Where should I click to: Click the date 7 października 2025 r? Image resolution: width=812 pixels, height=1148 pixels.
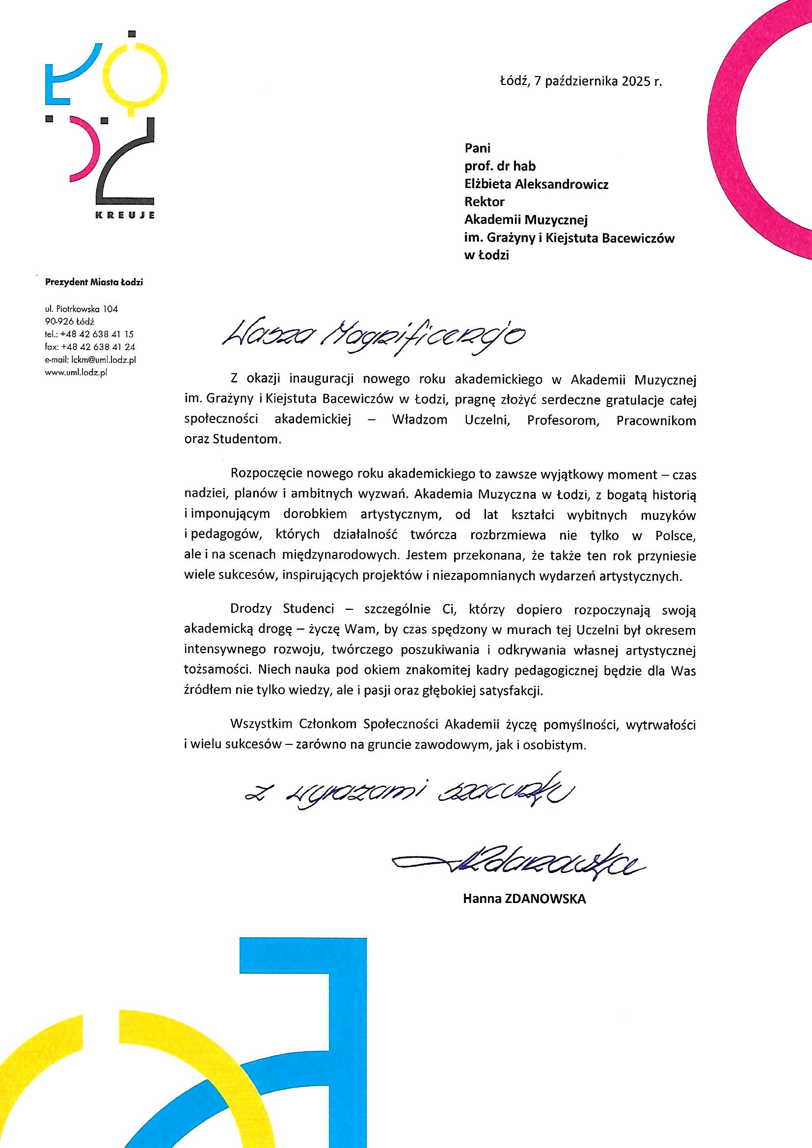coord(597,82)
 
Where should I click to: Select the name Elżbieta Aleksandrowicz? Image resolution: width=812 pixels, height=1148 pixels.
coord(536,184)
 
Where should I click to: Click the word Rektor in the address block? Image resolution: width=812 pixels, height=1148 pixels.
coord(484,202)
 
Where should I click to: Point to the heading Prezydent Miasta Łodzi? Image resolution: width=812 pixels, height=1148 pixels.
coord(94,283)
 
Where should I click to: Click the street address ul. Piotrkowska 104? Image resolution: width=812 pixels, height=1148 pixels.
coord(81,309)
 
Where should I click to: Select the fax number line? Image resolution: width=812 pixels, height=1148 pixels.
coord(90,347)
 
